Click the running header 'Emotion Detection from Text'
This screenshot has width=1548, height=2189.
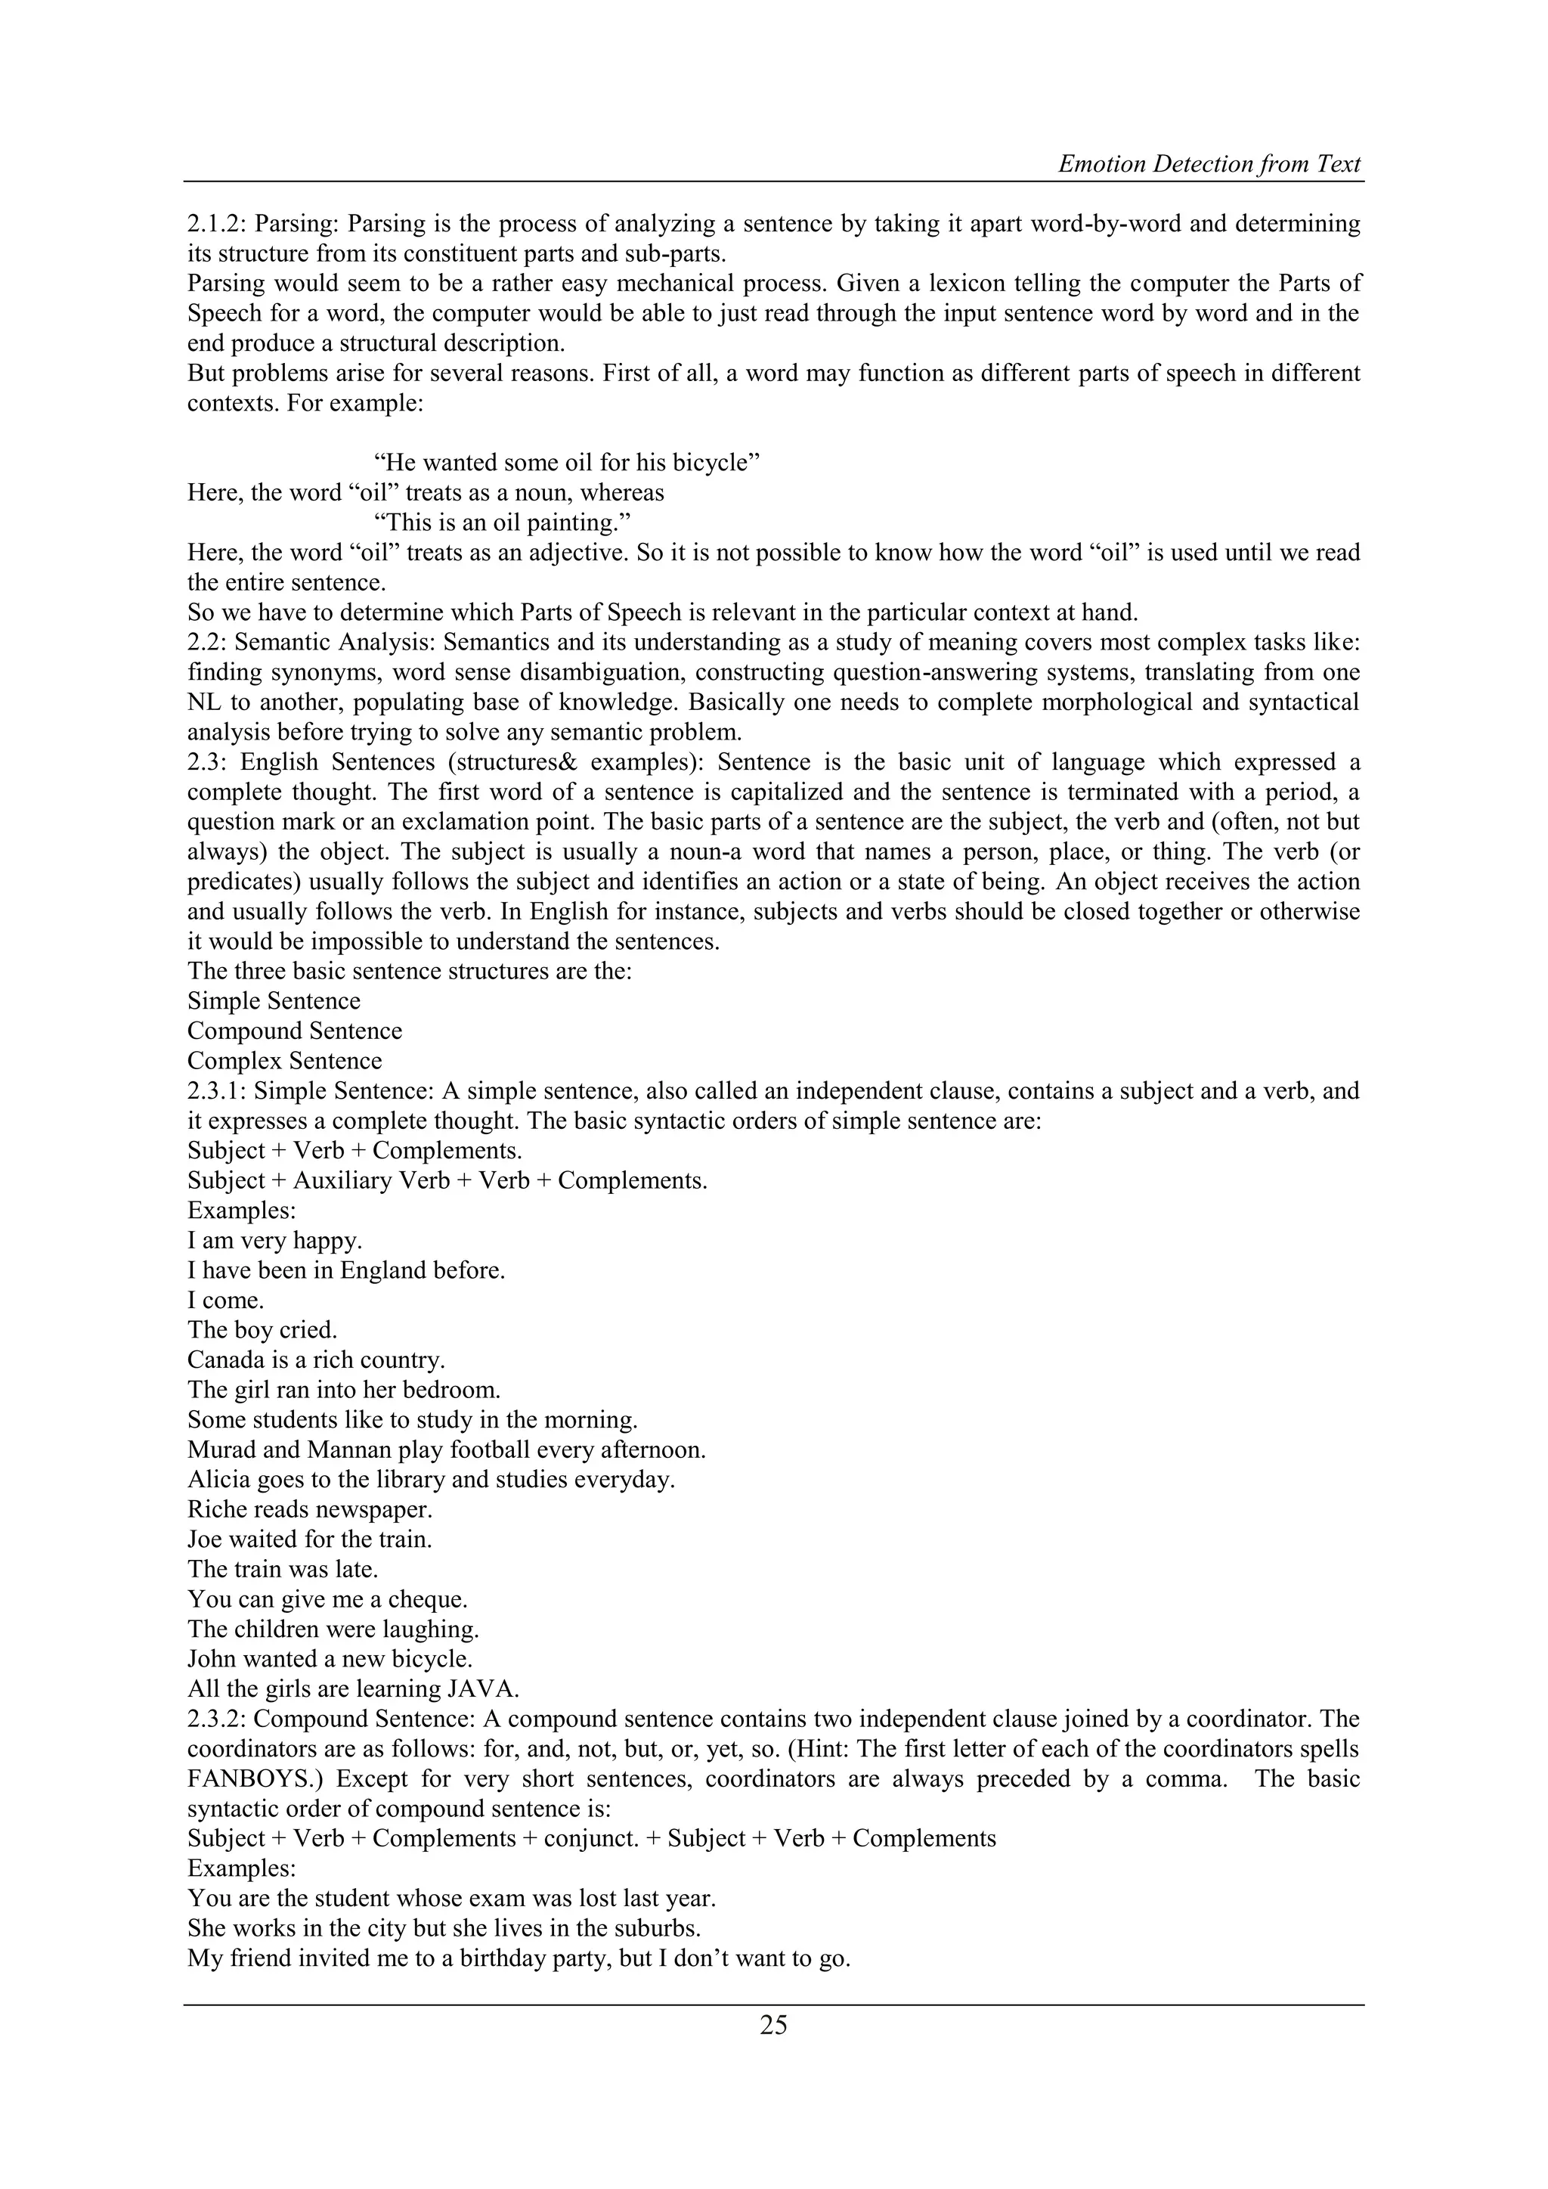[1209, 164]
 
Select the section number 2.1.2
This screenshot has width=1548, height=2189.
[215, 224]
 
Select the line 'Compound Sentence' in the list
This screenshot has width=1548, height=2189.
[295, 1031]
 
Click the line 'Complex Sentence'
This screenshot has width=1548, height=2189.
[284, 1061]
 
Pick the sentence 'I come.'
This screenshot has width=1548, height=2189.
[226, 1301]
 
